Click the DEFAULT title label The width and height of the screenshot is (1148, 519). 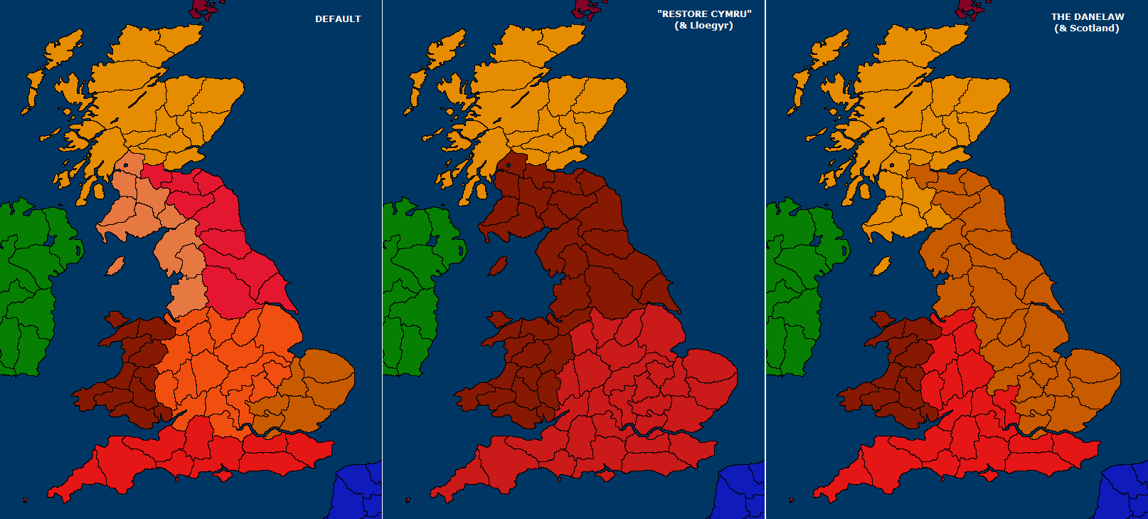click(338, 19)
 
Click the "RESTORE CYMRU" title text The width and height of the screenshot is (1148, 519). click(703, 14)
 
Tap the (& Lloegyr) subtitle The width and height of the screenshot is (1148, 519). click(703, 26)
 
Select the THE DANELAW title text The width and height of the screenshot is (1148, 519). click(1088, 17)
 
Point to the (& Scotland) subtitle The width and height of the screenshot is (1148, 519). click(1087, 28)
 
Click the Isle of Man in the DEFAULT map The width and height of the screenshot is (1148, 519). click(115, 266)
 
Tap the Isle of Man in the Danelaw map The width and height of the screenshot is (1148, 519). click(881, 266)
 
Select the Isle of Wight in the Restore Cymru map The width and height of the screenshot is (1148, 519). click(606, 473)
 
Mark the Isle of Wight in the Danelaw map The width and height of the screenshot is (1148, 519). click(989, 473)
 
